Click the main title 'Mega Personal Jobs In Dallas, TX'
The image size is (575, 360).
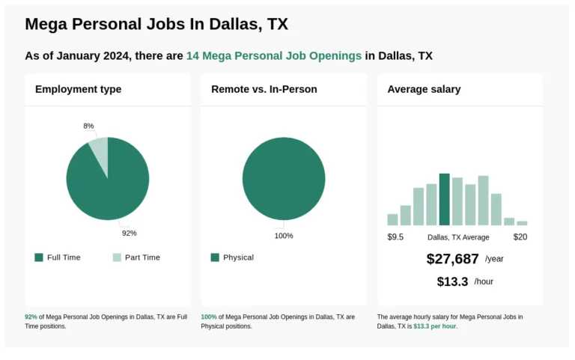tap(156, 24)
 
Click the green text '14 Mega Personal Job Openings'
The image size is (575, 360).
tap(274, 56)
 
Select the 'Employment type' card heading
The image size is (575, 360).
tap(78, 90)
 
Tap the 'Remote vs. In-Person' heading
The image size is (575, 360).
tap(264, 90)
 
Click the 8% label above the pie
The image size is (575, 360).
tap(88, 126)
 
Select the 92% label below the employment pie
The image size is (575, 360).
tap(130, 233)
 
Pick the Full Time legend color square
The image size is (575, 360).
tap(39, 257)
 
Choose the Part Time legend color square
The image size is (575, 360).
tap(117, 257)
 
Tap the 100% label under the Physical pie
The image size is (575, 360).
tap(284, 236)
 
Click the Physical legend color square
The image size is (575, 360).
tap(215, 257)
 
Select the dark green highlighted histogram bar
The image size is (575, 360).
tap(444, 200)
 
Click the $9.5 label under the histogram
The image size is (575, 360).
tap(395, 237)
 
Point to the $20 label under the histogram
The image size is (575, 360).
tap(520, 237)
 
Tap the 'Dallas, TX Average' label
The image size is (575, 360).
tap(458, 237)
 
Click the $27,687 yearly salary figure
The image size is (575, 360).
tap(452, 259)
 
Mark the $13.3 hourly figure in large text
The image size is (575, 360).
tap(452, 281)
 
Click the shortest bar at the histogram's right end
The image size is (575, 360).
tap(522, 223)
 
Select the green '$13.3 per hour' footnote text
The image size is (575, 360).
tap(434, 326)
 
